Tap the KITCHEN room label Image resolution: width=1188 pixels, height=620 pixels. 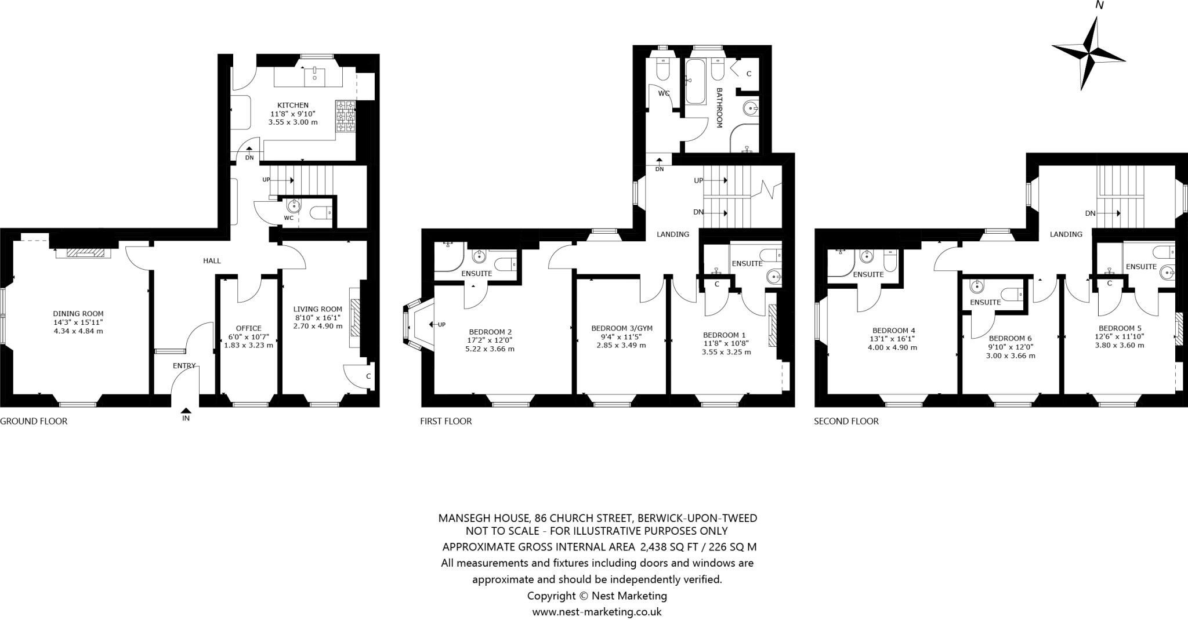point(293,105)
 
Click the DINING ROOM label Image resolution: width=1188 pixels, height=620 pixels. point(78,314)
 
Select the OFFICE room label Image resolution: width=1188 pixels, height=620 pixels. point(248,328)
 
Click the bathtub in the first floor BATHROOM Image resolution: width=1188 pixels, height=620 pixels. point(694,81)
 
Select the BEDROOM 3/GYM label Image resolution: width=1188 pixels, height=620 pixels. point(622,328)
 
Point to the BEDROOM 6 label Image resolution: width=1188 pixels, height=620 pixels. point(1010,338)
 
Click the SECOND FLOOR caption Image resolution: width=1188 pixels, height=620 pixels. point(846,421)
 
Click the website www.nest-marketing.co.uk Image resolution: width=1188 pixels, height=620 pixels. point(597,611)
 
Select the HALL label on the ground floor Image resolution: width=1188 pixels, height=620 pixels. point(212,261)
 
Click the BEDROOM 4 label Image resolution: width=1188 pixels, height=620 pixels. point(892,331)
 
